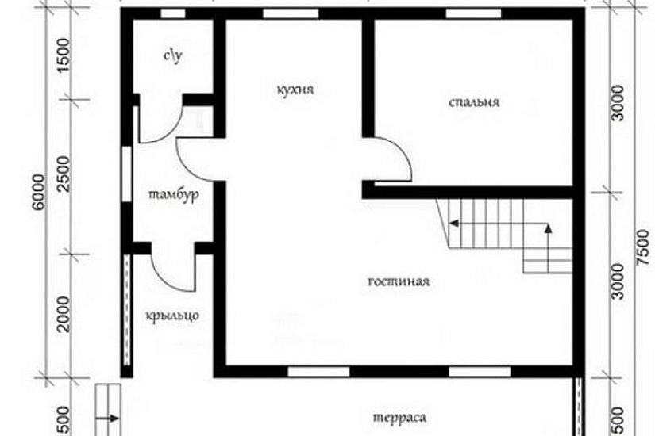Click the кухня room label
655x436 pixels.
(x=295, y=90)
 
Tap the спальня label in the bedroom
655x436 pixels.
(x=474, y=102)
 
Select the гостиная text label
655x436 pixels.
(x=399, y=281)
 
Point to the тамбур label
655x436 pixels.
(x=174, y=195)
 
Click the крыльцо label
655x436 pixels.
(x=172, y=316)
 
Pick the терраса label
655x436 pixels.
(x=399, y=418)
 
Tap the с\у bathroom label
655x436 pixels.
(x=172, y=55)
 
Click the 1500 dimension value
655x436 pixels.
(x=64, y=55)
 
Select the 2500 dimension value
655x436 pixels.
(x=64, y=174)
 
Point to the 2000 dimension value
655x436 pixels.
(x=64, y=314)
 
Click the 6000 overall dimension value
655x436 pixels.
(x=39, y=193)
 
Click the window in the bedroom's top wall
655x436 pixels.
(x=473, y=13)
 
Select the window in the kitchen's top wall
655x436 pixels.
(x=291, y=13)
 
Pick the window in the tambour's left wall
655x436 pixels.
(x=126, y=174)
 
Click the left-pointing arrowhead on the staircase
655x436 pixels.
(x=453, y=224)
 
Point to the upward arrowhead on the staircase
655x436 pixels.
(x=549, y=228)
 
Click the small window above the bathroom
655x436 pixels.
(x=173, y=13)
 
